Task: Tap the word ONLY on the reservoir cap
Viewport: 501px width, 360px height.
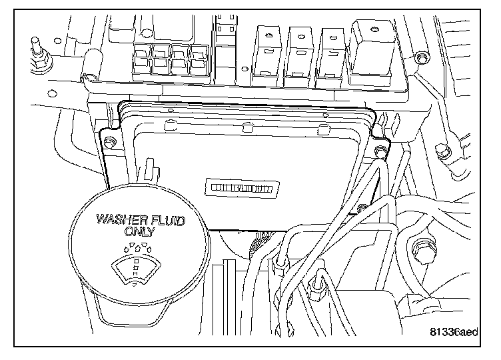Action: point(139,232)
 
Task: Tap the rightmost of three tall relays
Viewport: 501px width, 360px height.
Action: point(331,57)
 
